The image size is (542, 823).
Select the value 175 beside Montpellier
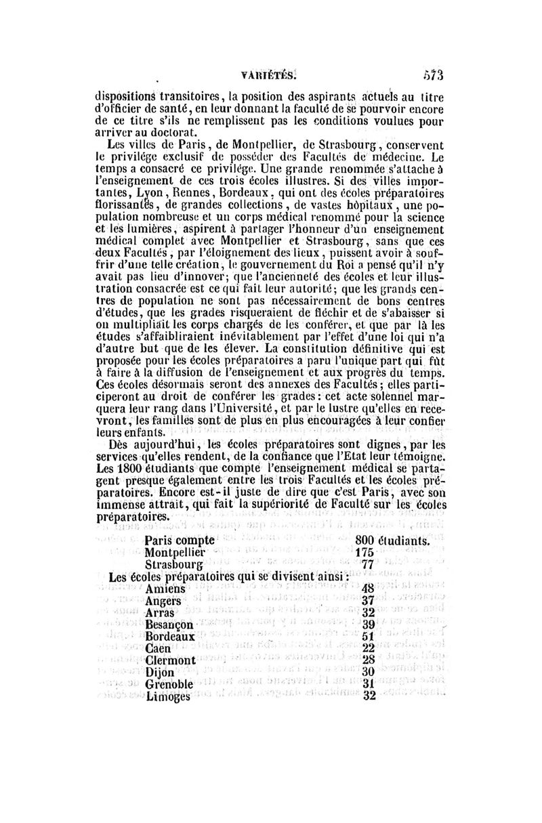click(x=364, y=553)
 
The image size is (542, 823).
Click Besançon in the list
click(x=169, y=625)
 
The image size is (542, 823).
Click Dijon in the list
click(x=161, y=672)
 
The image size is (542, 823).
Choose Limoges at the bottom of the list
click(x=168, y=696)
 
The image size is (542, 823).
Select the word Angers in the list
click(x=165, y=601)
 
